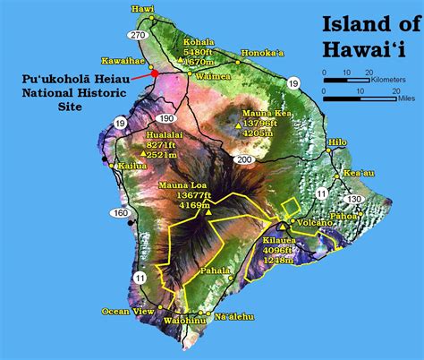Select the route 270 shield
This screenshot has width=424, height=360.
pos(137,35)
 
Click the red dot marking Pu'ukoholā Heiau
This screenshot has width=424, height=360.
pos(154,73)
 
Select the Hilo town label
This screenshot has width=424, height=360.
pos(338,142)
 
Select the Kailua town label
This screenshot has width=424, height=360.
pos(131,167)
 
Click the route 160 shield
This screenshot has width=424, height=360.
pos(120,213)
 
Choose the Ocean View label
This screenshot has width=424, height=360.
pos(122,311)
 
